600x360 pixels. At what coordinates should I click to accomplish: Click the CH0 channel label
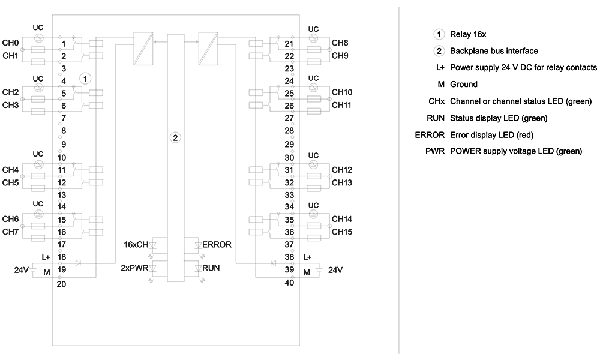tap(10, 43)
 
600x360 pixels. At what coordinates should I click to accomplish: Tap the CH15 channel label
tap(342, 232)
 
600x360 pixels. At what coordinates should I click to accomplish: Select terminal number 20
tap(61, 284)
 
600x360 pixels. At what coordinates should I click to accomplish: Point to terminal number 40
tap(289, 283)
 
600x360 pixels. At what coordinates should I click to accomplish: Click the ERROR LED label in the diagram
tap(217, 244)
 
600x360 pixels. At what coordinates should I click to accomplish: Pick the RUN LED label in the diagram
tap(211, 268)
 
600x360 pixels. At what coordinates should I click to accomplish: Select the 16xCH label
tap(136, 244)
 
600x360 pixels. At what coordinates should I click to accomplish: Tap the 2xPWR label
tap(134, 268)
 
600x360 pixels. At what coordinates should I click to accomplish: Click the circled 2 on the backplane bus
tap(175, 138)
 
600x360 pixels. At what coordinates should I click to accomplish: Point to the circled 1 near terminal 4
tap(85, 79)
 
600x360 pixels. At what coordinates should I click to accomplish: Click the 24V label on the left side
tap(22, 270)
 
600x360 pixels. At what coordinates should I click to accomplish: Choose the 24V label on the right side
tap(335, 270)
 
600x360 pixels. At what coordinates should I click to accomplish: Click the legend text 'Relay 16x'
tap(468, 34)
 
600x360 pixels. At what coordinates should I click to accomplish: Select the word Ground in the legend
tap(464, 84)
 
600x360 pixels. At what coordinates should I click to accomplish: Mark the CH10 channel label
tap(342, 92)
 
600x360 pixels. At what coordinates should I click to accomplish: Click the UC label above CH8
tap(313, 29)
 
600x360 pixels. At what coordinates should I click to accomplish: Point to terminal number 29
tap(289, 144)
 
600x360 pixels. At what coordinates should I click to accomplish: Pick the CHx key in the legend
tap(437, 101)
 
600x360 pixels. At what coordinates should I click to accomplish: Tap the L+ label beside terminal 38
tap(307, 257)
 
